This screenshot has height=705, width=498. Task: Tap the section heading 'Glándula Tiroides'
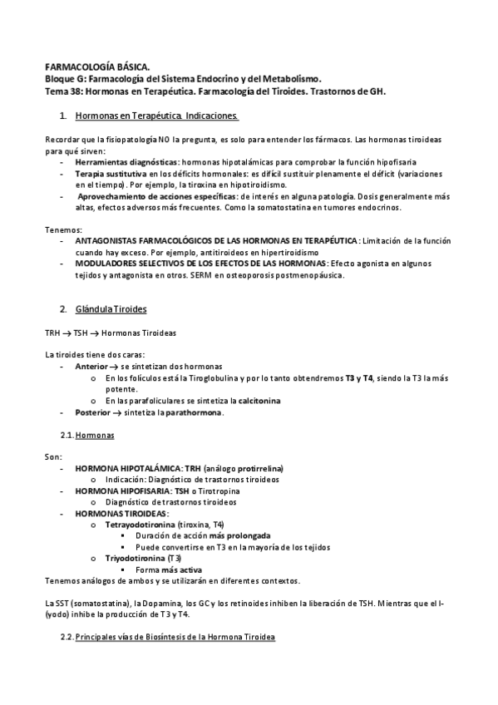tap(111, 309)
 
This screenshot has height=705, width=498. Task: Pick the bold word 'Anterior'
tap(91, 367)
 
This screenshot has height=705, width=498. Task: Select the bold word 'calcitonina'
tap(256, 400)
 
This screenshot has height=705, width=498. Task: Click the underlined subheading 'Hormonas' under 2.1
tap(95, 436)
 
